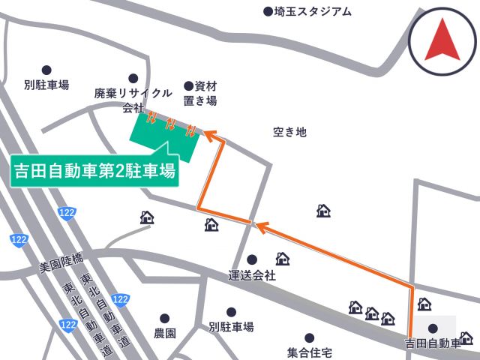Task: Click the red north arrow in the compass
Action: (442, 40)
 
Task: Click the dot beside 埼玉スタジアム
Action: (268, 11)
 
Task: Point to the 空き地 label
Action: (289, 132)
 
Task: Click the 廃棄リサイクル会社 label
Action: (133, 100)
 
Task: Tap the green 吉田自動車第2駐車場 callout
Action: (95, 171)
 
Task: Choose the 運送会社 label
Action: (252, 275)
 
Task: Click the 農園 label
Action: (164, 333)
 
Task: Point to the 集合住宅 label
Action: (309, 352)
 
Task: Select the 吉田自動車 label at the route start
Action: (431, 344)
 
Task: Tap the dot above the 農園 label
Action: (164, 318)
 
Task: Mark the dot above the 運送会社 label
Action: (252, 259)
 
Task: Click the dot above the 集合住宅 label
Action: (309, 338)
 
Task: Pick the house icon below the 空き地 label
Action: (323, 211)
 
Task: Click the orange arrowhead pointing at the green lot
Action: (208, 134)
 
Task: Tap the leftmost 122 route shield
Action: (19, 240)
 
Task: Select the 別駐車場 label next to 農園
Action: (231, 327)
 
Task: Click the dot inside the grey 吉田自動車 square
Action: (433, 328)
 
